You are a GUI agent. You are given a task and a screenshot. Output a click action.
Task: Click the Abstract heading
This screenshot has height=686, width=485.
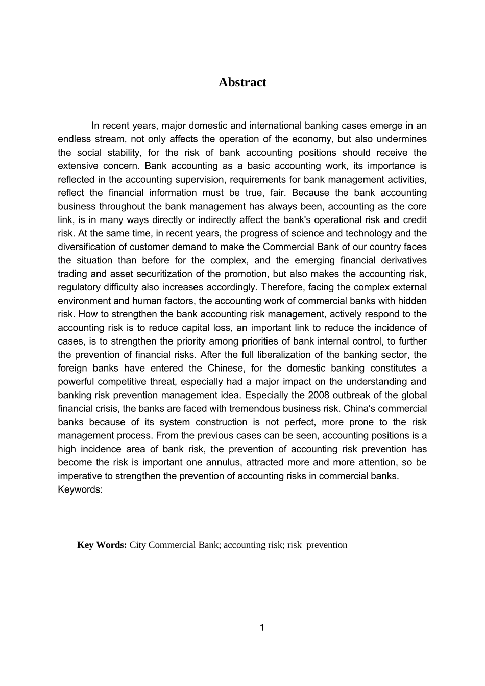click(x=242, y=82)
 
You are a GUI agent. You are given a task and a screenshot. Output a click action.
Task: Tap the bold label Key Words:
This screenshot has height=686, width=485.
click(x=102, y=545)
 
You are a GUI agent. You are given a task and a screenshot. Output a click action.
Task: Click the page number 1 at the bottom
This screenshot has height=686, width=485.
click(x=262, y=627)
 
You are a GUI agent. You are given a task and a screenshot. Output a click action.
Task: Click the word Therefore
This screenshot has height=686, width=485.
click(x=283, y=287)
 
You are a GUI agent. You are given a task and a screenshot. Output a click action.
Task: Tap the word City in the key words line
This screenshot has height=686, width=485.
click(x=138, y=545)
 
